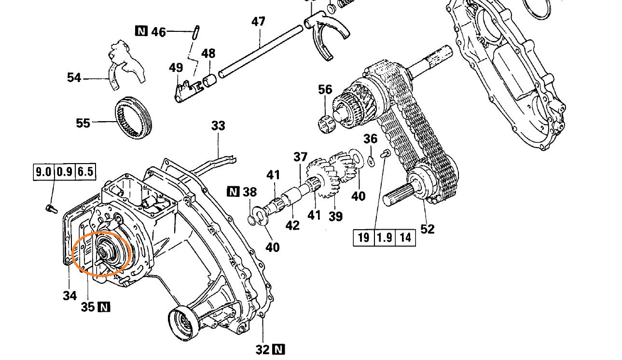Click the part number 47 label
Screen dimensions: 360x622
[258, 22]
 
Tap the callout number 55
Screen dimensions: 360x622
[83, 123]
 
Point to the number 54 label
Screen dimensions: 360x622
[74, 77]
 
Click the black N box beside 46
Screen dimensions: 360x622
[140, 31]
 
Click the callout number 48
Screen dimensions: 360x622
[208, 53]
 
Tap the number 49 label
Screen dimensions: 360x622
[176, 68]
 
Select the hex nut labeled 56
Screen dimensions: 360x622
[327, 123]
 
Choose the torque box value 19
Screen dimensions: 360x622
[363, 237]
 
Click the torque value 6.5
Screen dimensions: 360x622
[85, 172]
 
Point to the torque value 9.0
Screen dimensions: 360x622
[43, 172]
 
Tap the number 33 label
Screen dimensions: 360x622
[218, 126]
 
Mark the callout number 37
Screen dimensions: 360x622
[300, 157]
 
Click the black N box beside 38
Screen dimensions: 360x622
[233, 192]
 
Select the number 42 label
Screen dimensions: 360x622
[292, 225]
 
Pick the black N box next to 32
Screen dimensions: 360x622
[278, 349]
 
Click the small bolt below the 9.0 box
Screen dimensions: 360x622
[48, 208]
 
